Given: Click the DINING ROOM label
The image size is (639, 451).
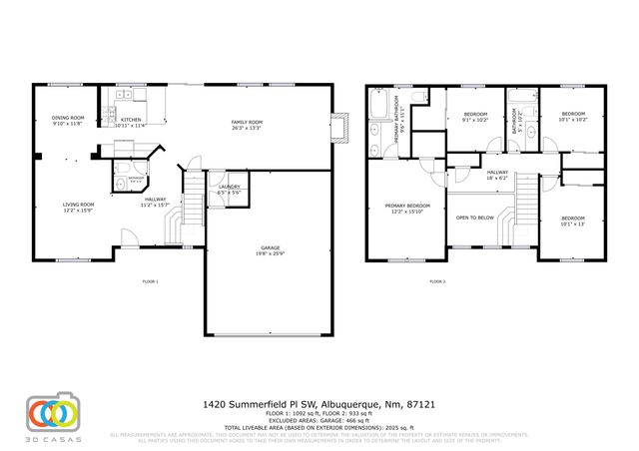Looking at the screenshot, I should [x=68, y=122].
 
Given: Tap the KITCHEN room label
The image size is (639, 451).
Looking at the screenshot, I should [x=130, y=122].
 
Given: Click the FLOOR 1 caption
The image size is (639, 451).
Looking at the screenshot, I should [x=151, y=282].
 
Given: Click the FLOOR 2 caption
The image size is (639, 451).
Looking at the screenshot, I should [x=437, y=282].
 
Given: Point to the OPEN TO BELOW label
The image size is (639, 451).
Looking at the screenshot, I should [x=475, y=217].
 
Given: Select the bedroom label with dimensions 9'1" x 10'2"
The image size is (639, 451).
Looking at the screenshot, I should [x=475, y=117].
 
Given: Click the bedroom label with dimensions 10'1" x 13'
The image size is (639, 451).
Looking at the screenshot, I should [x=572, y=221].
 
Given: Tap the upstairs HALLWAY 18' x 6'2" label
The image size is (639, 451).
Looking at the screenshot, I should [x=496, y=176].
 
